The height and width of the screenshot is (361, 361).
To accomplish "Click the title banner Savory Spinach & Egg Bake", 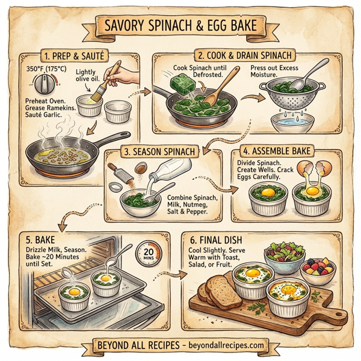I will [x=180, y=27].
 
